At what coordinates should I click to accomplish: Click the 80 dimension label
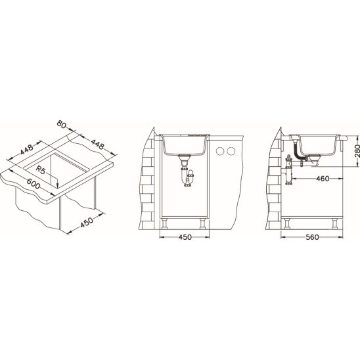click(x=61, y=124)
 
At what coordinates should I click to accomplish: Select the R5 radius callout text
click(x=41, y=170)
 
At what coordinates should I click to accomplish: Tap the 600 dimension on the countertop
click(x=34, y=183)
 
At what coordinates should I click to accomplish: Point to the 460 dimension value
click(x=323, y=179)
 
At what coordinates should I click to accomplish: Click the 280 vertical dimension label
click(x=357, y=150)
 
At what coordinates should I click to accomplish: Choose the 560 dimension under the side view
click(x=312, y=237)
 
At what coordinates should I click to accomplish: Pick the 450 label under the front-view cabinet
click(x=185, y=237)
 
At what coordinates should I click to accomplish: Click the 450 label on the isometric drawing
click(x=87, y=222)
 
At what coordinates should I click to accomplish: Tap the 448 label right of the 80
click(x=98, y=144)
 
